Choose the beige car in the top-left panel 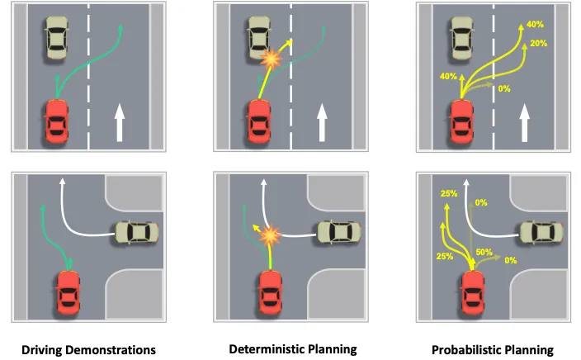tap(56, 39)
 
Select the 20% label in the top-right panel tap(539, 43)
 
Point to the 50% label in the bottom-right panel tap(484, 252)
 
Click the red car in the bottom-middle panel tap(269, 292)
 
